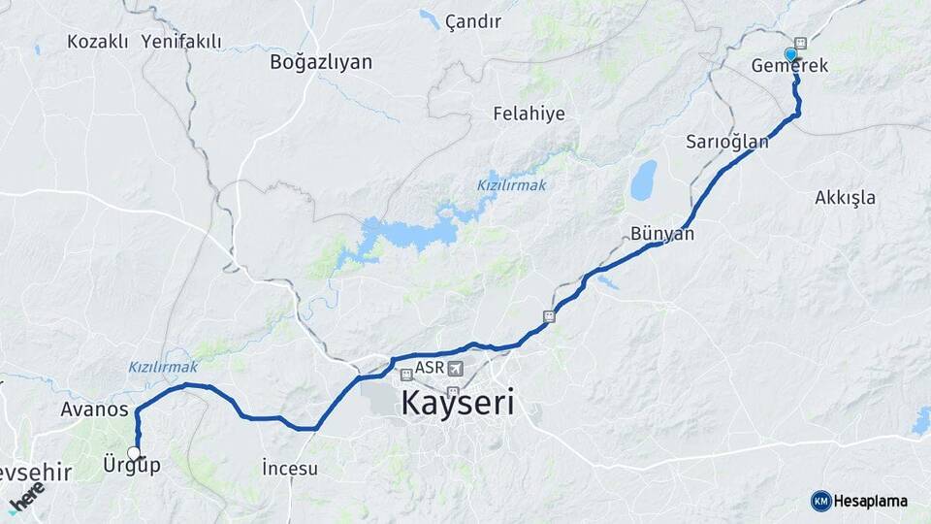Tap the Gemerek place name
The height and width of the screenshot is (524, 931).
(789, 66)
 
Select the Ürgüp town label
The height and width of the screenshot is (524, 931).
(131, 466)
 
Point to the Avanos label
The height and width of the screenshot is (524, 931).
(94, 409)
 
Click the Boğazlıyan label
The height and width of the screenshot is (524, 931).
(321, 62)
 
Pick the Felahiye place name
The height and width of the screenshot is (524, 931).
(529, 114)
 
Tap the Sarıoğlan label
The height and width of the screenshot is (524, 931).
(727, 142)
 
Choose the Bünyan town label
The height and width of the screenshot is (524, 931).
(662, 234)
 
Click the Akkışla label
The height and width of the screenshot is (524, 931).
(845, 198)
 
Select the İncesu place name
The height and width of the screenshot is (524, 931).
(290, 469)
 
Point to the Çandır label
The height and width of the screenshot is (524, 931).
(473, 21)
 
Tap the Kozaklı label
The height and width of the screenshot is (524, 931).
(98, 42)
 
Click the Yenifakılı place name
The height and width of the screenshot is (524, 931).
(181, 42)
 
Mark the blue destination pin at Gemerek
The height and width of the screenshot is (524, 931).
(791, 55)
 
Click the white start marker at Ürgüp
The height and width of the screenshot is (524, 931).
(134, 453)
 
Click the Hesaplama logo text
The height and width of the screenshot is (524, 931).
(871, 502)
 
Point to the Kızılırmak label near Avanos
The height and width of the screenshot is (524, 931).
(163, 367)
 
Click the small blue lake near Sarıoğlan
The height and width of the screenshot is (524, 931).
(643, 180)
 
